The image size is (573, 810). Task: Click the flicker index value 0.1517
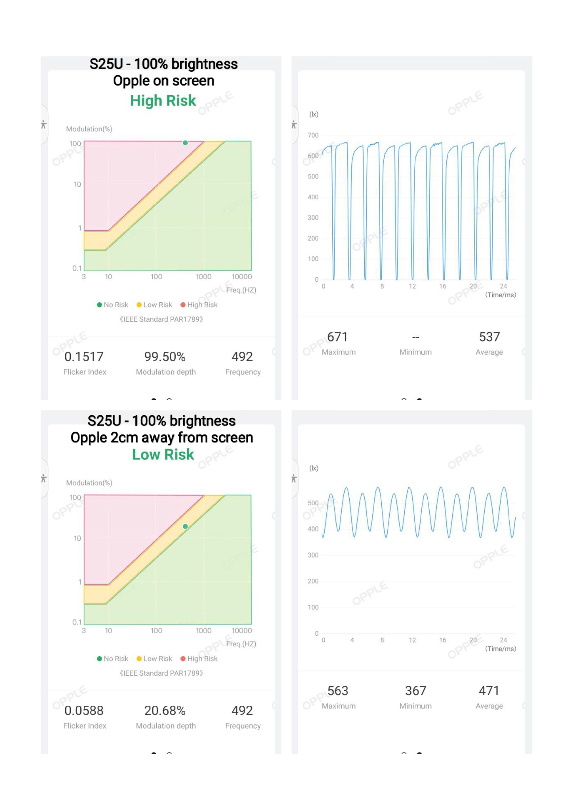84,357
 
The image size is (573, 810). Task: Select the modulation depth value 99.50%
165,357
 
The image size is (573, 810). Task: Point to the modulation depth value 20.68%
165,711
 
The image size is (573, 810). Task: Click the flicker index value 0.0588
84,711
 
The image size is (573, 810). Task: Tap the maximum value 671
337,337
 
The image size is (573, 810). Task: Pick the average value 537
489,337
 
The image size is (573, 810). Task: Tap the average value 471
489,691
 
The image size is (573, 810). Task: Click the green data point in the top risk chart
185,143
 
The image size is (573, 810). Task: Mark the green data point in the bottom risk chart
185,526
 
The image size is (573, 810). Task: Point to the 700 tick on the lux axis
313,136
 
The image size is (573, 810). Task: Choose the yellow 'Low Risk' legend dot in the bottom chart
139,659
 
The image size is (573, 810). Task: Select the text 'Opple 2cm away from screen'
162,438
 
